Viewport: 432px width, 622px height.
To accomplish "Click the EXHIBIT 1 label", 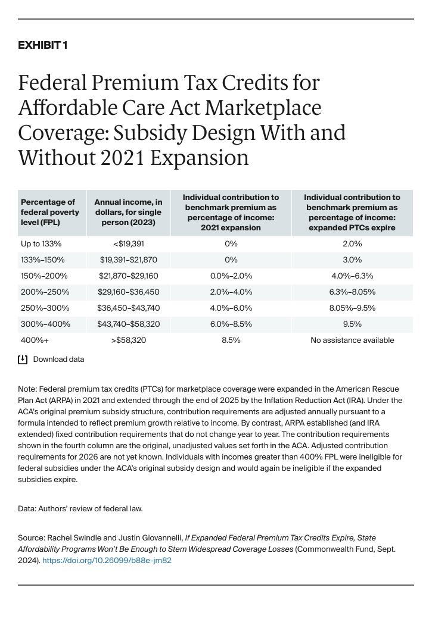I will point(43,45).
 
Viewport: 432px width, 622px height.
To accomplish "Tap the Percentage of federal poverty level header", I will point(49,212).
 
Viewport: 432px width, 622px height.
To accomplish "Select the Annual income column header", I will point(128,212).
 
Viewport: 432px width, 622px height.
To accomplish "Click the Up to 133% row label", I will point(41,243).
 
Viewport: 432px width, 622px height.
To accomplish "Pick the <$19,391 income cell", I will point(128,243).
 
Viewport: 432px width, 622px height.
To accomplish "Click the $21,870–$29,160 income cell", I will point(128,276).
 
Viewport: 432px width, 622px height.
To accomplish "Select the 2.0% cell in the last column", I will point(352,243).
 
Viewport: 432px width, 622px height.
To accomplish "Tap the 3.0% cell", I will point(352,260).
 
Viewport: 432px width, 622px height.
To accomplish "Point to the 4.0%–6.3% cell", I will point(352,276).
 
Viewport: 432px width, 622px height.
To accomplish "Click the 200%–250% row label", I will point(45,292).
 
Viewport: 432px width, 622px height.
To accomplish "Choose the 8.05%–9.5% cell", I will point(352,308).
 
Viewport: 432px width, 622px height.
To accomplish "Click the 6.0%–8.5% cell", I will point(231,324).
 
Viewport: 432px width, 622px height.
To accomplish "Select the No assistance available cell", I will point(352,340).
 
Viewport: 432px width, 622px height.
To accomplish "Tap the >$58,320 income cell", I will point(128,340).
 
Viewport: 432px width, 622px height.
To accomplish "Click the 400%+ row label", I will point(33,340).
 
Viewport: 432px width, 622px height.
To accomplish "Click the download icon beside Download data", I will point(23,360).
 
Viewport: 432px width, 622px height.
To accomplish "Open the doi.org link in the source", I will point(107,560).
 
